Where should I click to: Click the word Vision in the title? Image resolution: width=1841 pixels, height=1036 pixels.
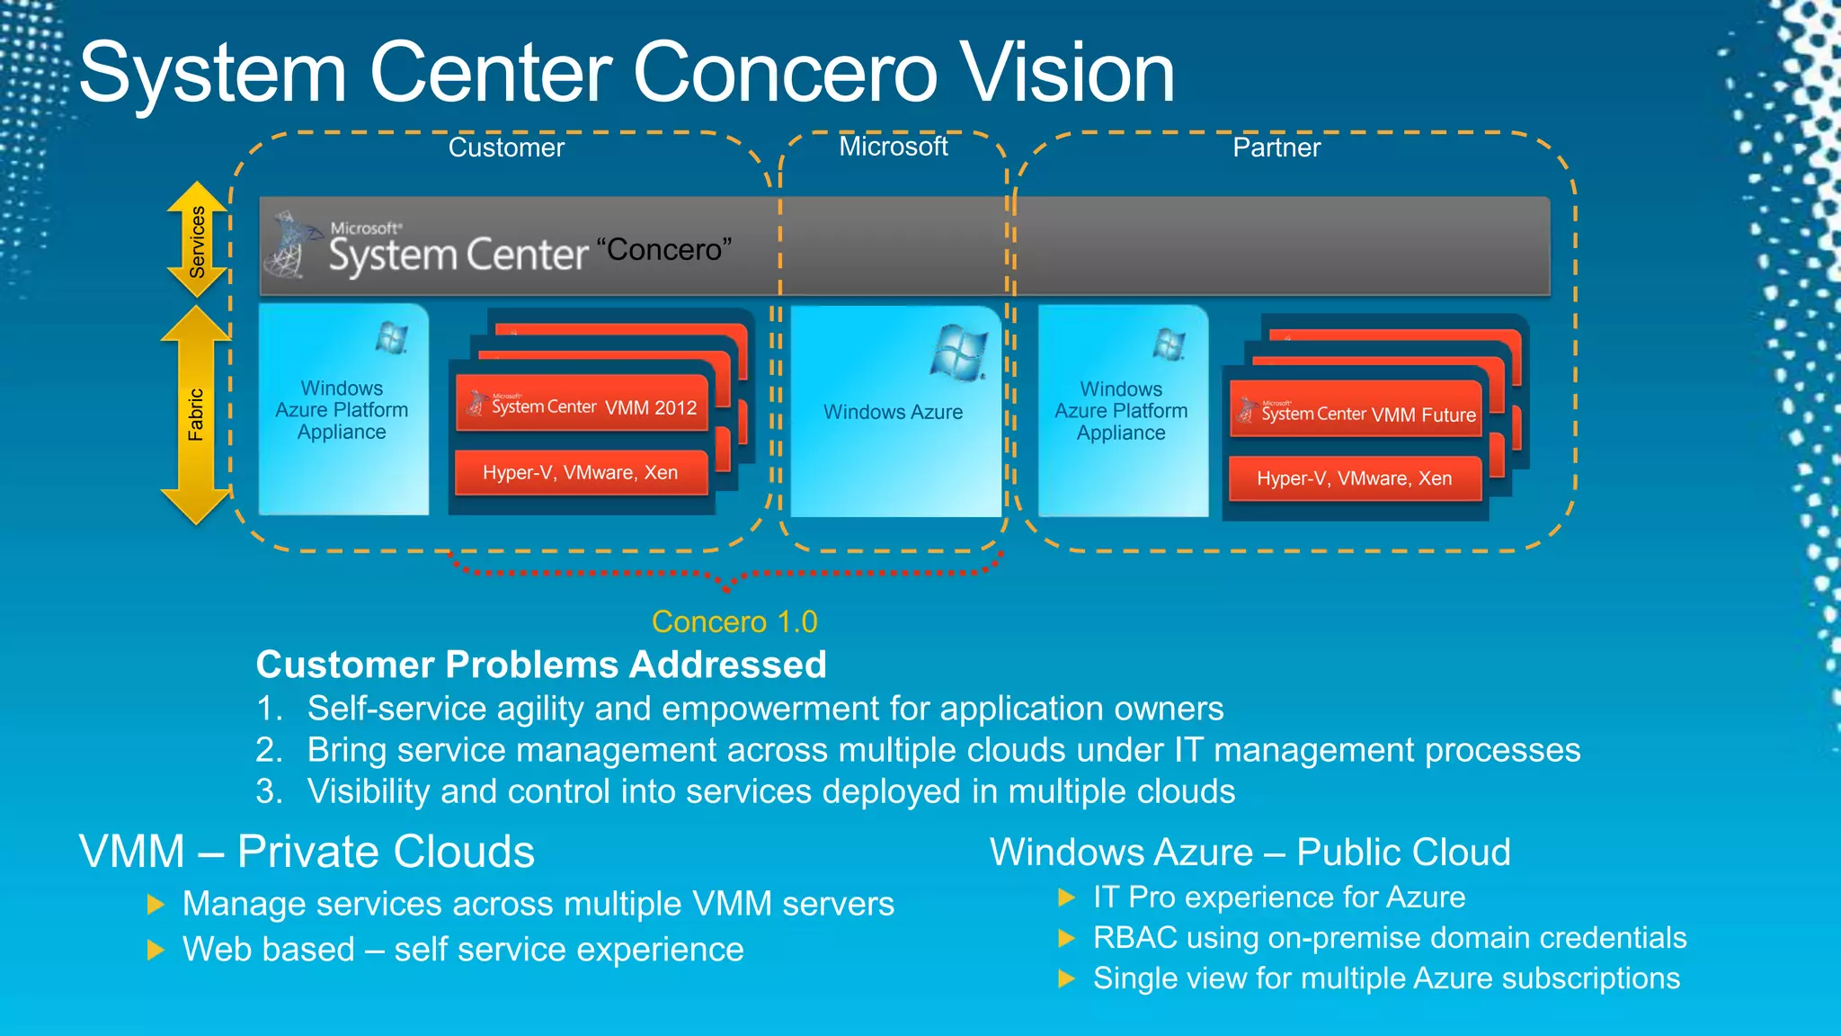tap(1066, 74)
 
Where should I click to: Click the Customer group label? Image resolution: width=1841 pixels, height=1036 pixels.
tap(506, 147)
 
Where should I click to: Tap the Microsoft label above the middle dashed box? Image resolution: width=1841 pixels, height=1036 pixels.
tap(893, 147)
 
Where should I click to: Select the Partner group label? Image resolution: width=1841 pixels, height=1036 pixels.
tap(1276, 147)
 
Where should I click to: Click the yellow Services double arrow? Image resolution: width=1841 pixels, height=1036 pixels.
tap(197, 240)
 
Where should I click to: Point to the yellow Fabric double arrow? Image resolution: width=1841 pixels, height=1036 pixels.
tap(196, 415)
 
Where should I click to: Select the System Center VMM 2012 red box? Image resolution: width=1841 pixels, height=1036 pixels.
tap(583, 406)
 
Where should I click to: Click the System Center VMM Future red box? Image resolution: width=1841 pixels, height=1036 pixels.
tap(1356, 414)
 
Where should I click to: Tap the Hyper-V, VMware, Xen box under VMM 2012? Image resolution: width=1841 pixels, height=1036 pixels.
tap(581, 473)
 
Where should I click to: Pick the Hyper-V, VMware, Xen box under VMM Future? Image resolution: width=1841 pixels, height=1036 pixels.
tap(1354, 478)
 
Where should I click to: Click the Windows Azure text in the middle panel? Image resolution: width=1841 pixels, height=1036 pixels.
tap(893, 412)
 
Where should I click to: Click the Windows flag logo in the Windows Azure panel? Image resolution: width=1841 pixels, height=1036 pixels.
tap(959, 353)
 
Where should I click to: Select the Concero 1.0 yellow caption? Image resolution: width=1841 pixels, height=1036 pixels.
tap(734, 621)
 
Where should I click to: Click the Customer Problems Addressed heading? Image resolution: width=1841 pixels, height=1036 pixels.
tap(541, 665)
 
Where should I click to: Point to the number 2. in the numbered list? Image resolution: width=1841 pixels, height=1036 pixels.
tap(269, 750)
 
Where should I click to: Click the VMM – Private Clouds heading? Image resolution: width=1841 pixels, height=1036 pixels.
tap(307, 851)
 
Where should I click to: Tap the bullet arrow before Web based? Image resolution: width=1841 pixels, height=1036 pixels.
tap(156, 950)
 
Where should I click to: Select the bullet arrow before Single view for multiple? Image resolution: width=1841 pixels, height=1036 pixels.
tap(1067, 978)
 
